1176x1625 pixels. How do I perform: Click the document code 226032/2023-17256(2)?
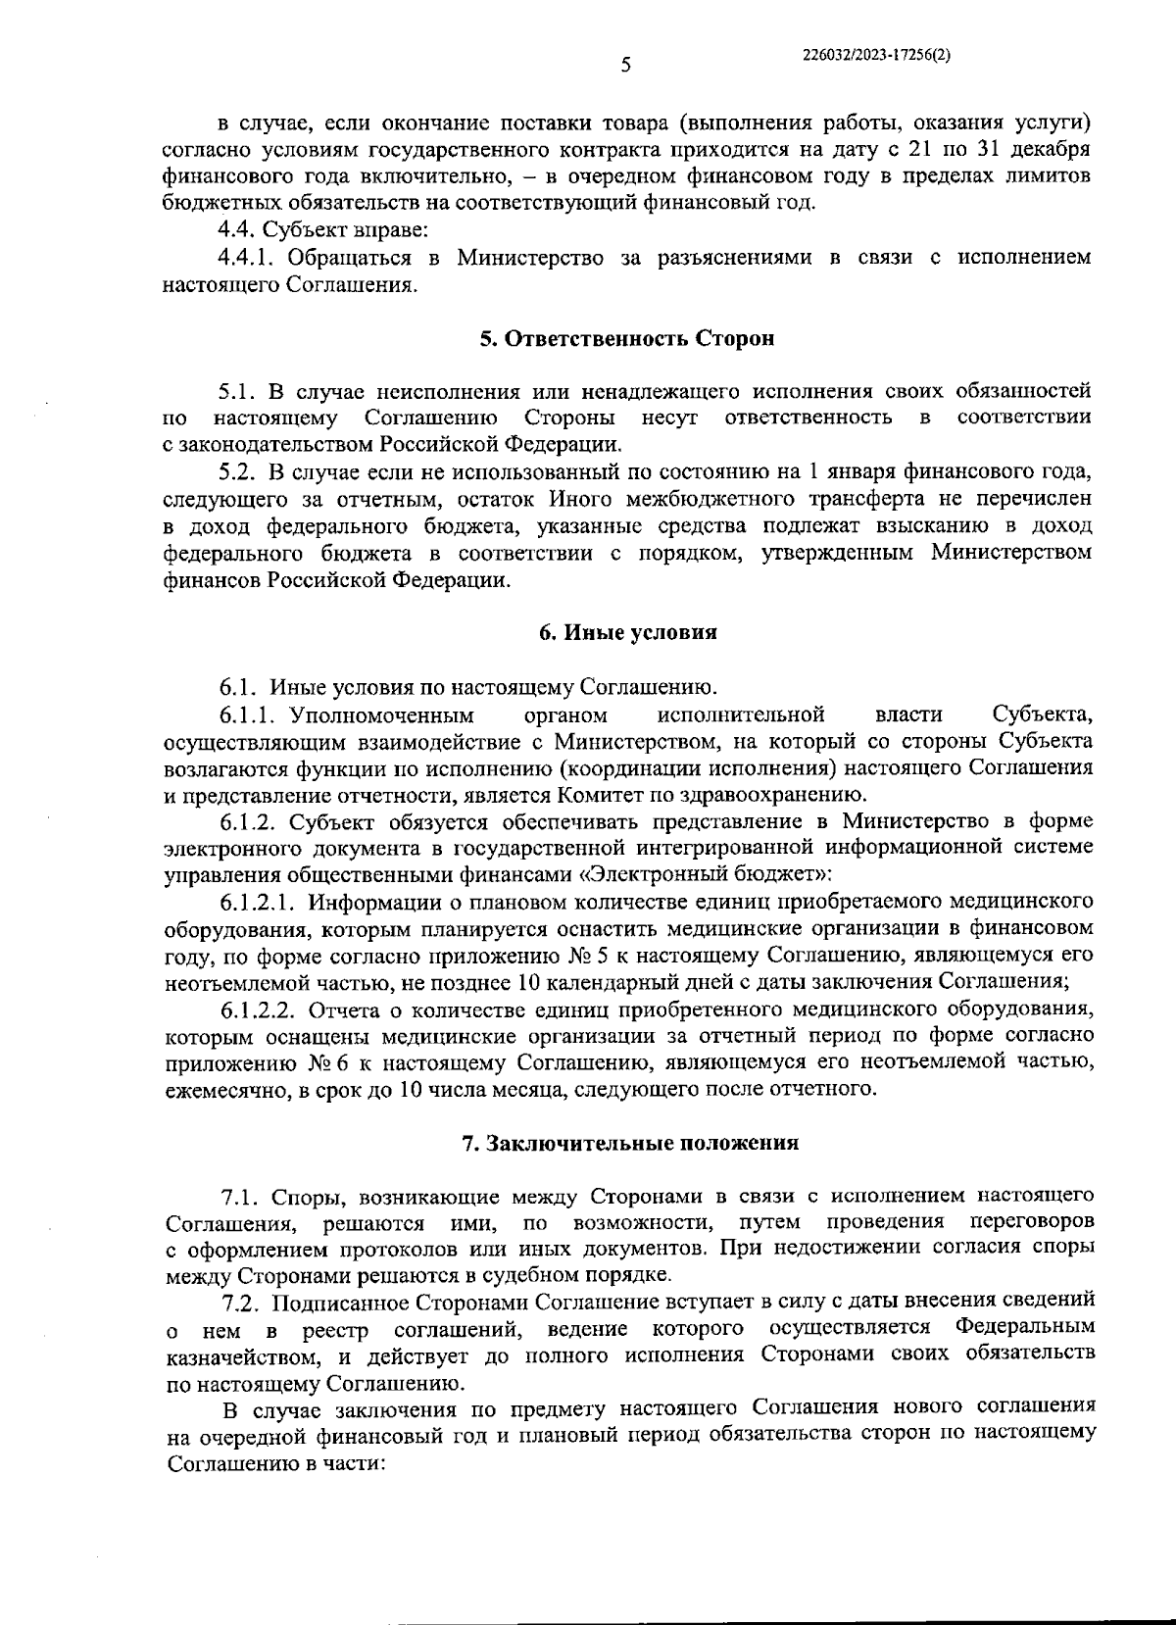click(x=874, y=56)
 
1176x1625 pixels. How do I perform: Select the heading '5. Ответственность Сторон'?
click(x=627, y=339)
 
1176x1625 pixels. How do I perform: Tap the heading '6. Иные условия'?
click(x=627, y=632)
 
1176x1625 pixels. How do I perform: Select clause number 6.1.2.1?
click(x=259, y=900)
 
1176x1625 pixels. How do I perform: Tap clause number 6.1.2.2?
click(x=260, y=1009)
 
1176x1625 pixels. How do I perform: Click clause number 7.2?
click(x=239, y=1303)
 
